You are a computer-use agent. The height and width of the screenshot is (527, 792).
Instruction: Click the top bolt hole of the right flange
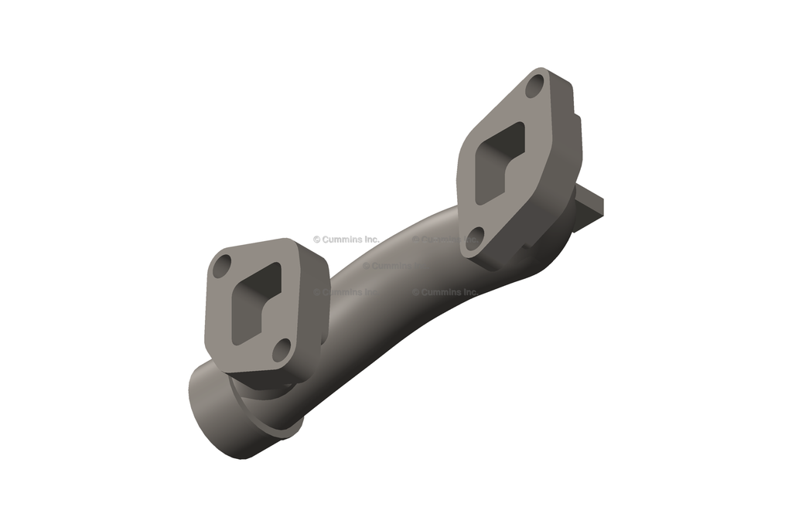coord(534,88)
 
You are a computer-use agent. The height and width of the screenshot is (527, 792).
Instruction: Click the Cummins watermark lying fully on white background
coord(346,240)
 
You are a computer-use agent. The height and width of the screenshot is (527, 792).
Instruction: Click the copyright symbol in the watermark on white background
coord(316,240)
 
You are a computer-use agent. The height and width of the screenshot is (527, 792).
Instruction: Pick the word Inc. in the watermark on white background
coord(370,240)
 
